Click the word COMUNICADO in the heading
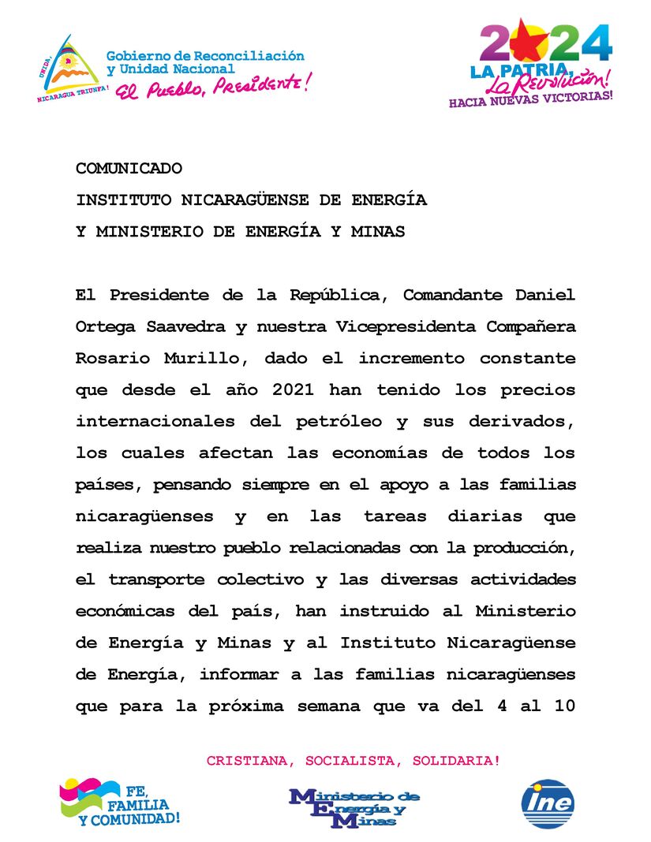point(129,169)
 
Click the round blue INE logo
point(548,804)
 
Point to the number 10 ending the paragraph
point(563,706)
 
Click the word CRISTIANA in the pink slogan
point(241,761)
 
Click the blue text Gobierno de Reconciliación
point(205,56)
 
